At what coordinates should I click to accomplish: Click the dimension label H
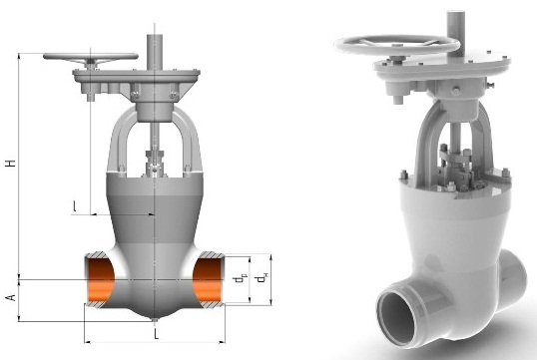click(x=11, y=163)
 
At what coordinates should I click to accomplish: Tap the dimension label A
click(x=11, y=297)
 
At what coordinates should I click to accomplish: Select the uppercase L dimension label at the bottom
click(x=156, y=334)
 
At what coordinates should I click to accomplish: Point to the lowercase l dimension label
click(x=75, y=205)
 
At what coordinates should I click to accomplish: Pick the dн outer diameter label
click(x=262, y=277)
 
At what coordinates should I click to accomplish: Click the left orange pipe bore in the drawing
click(x=101, y=280)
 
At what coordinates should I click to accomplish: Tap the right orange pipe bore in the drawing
click(x=208, y=280)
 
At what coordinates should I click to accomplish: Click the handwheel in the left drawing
click(x=91, y=57)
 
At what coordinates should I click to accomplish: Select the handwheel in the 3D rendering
click(x=397, y=45)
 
